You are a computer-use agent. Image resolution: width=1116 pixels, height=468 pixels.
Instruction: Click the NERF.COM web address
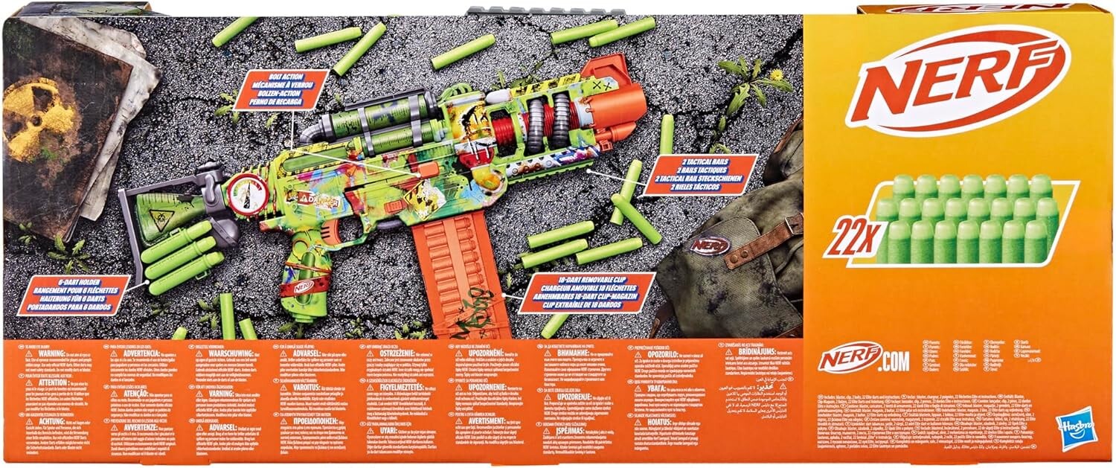tap(864, 361)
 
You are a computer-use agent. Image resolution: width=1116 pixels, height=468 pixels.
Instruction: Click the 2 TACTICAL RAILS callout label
tap(699, 175)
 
